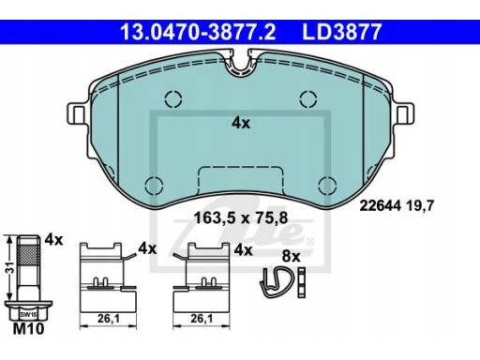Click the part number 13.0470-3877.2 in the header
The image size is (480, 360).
tap(198, 32)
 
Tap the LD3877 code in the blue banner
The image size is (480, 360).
tap(342, 32)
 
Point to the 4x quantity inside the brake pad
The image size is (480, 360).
tap(241, 124)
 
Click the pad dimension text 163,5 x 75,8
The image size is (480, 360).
tap(241, 217)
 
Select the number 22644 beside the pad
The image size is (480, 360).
tap(380, 205)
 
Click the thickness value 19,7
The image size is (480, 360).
tap(420, 206)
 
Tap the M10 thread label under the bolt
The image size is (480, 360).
tap(28, 329)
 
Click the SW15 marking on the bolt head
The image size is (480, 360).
tap(28, 314)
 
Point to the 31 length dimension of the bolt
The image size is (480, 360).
tap(11, 268)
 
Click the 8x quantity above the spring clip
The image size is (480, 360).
tap(291, 256)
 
